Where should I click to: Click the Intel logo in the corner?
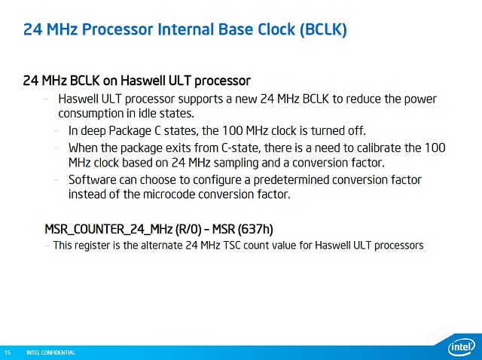[x=462, y=347]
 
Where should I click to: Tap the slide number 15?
[x=8, y=352]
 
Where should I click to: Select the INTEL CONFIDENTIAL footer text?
[x=50, y=352]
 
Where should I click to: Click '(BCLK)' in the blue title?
[x=323, y=29]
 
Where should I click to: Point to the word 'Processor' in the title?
[x=117, y=29]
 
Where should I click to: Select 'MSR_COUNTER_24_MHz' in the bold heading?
[x=108, y=230]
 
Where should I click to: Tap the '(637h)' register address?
[x=255, y=230]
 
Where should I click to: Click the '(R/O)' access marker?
[x=188, y=230]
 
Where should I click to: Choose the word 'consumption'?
[x=91, y=114]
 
